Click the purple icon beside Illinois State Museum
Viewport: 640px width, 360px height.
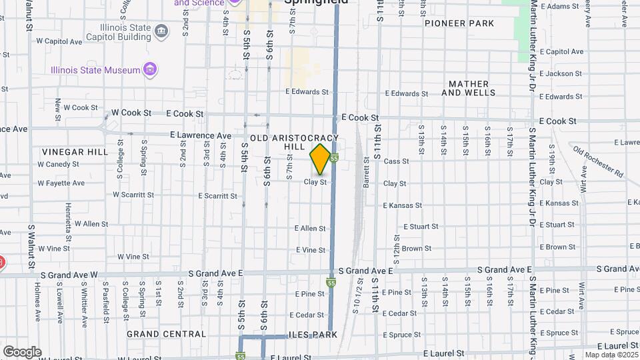coord(151,70)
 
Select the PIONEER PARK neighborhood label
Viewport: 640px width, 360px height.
coord(460,23)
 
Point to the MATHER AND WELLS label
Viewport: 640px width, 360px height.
coord(469,89)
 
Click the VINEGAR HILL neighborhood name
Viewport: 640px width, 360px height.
coord(75,152)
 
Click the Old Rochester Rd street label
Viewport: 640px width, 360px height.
coord(597,162)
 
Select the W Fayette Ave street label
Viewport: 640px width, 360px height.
coord(61,183)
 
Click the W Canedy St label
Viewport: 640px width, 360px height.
coord(58,163)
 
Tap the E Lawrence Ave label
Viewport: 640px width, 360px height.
coord(201,135)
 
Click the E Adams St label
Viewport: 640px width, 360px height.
coord(560,7)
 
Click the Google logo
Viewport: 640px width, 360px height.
coord(22,351)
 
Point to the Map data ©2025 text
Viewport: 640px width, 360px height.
coord(611,355)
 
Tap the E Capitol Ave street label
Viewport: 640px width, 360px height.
coord(562,51)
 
